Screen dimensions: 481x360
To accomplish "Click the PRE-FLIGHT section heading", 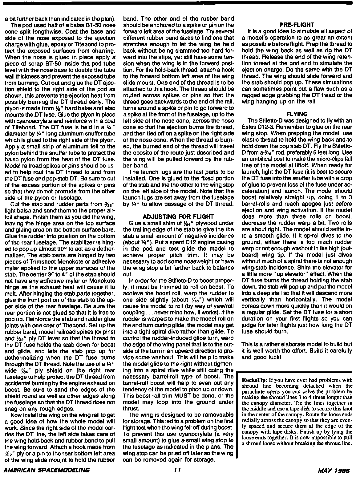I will (x=297, y=25).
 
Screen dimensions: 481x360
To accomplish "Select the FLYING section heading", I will (x=297, y=114).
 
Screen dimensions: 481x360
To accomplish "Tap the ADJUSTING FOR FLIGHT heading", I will (x=178, y=216).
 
